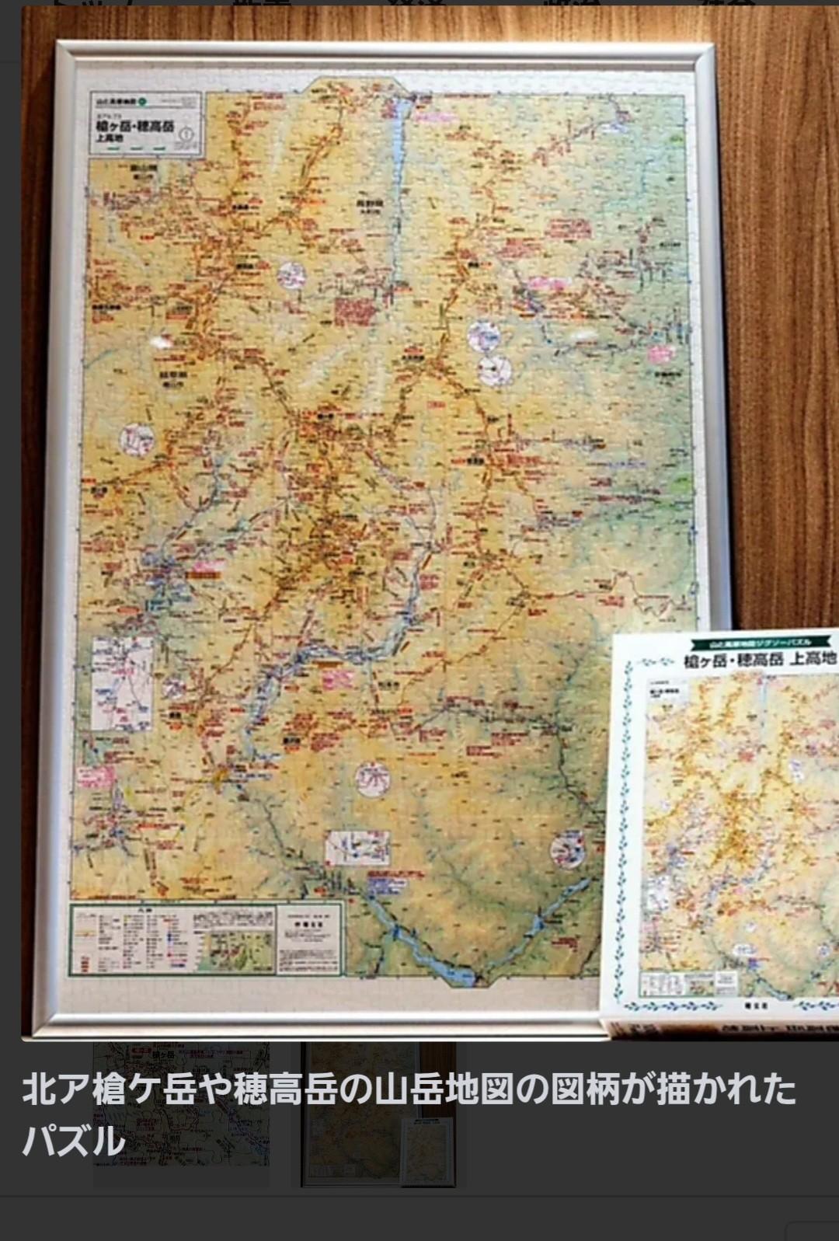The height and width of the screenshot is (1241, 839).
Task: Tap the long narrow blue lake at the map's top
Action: [x=399, y=148]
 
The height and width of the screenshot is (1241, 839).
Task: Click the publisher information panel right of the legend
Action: [x=308, y=939]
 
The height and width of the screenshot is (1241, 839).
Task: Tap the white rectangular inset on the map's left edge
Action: [x=122, y=684]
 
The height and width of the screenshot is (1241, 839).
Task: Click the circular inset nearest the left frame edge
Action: [x=137, y=439]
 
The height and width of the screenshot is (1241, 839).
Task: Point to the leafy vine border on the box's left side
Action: [x=621, y=831]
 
